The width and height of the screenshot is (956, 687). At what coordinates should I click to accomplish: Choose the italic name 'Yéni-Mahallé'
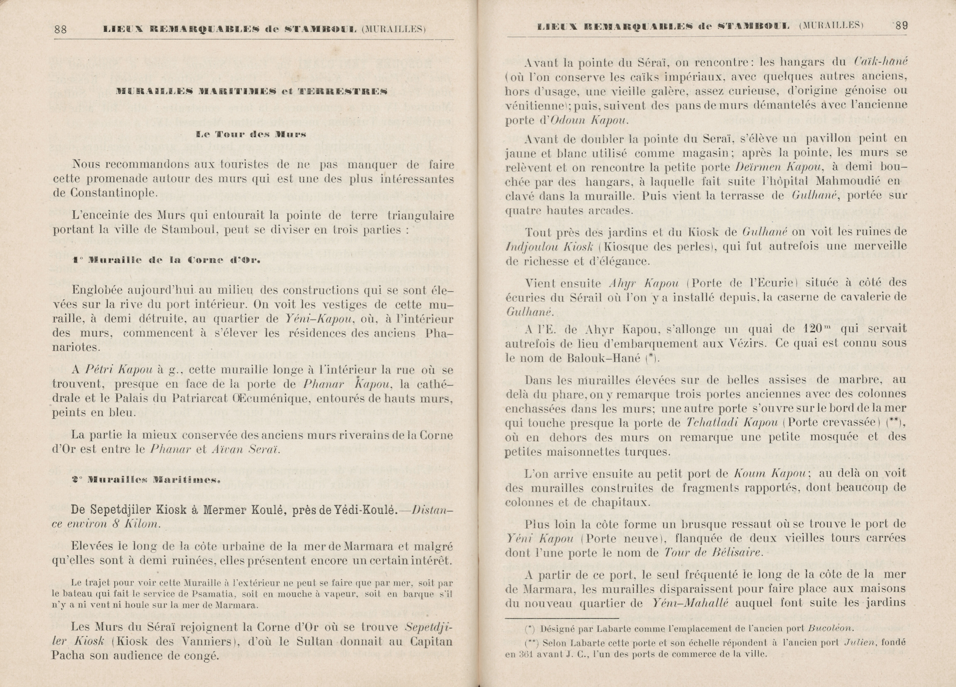(x=690, y=603)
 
